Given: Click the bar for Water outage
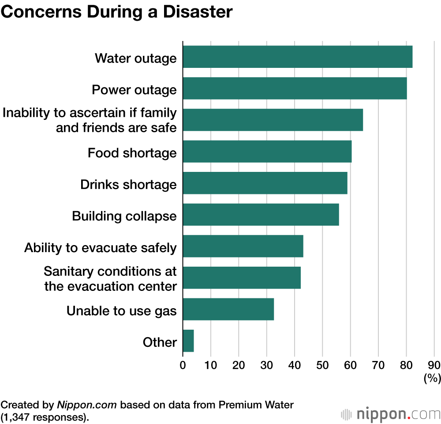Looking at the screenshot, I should pyautogui.click(x=297, y=57).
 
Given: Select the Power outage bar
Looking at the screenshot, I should pyautogui.click(x=295, y=89).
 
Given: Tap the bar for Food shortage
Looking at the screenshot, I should pyautogui.click(x=267, y=152).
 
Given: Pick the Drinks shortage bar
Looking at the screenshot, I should pyautogui.click(x=265, y=183).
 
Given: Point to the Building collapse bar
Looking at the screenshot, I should pyautogui.click(x=261, y=215).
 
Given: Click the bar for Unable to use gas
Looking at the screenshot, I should pyautogui.click(x=228, y=309).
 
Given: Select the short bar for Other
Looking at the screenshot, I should pyautogui.click(x=188, y=341).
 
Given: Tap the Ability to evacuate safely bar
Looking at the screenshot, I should pyautogui.click(x=243, y=246).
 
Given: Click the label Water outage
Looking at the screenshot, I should pyautogui.click(x=135, y=58).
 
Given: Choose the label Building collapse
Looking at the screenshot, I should pyautogui.click(x=124, y=216).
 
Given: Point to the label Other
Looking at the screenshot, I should pyautogui.click(x=160, y=342).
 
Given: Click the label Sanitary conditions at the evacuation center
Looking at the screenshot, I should pyautogui.click(x=110, y=278).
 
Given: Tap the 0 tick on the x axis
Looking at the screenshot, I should pyautogui.click(x=183, y=365).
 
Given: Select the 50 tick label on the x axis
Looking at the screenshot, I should pyautogui.click(x=322, y=365).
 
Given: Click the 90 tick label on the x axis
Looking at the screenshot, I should pyautogui.click(x=434, y=365).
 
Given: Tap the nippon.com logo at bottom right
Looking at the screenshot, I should pyautogui.click(x=391, y=414).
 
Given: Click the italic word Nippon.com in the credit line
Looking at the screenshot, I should pyautogui.click(x=86, y=405).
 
